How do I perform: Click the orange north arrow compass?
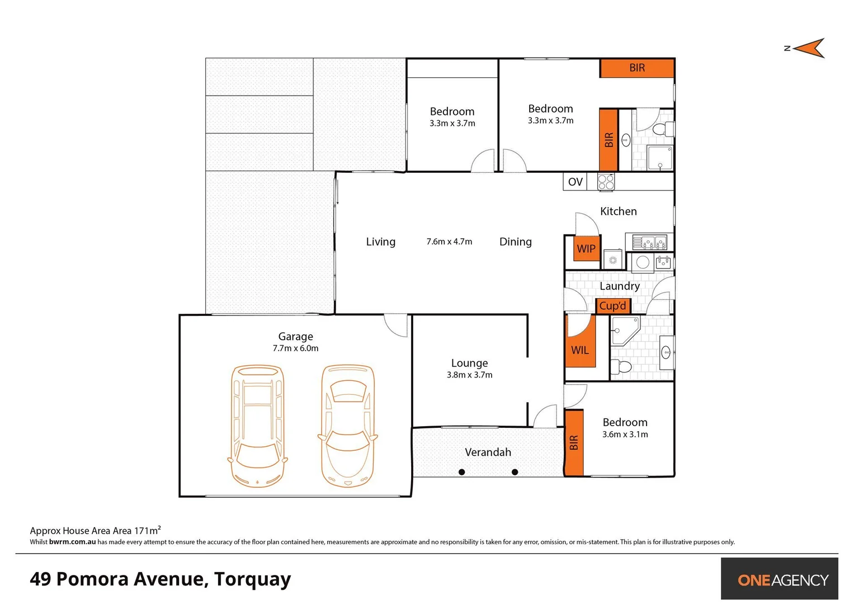click(x=809, y=49)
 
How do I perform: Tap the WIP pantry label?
click(x=586, y=249)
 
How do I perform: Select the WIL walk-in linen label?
click(x=580, y=350)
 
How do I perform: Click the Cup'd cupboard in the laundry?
click(x=613, y=306)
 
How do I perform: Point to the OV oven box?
click(x=575, y=182)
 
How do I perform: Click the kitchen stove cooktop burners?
click(x=606, y=182)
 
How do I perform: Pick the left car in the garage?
click(x=258, y=426)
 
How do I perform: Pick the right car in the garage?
click(x=347, y=426)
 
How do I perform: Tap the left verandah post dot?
click(x=461, y=472)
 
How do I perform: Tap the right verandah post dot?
click(x=515, y=472)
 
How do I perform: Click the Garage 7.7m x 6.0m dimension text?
click(x=295, y=348)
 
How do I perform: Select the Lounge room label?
click(x=469, y=364)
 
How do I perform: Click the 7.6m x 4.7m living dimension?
click(x=449, y=242)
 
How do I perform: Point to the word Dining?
click(x=515, y=242)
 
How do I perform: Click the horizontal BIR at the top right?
click(x=637, y=68)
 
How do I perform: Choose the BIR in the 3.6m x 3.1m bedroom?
click(x=574, y=443)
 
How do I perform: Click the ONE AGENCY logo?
click(x=782, y=580)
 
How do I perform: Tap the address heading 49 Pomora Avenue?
click(x=161, y=579)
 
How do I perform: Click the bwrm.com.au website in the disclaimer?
click(x=72, y=542)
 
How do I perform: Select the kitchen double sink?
click(x=649, y=242)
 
